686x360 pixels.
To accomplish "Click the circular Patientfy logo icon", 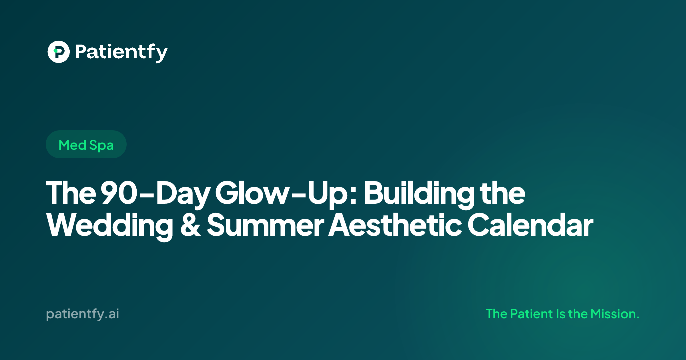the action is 59,52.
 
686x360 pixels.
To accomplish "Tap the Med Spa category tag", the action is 86,144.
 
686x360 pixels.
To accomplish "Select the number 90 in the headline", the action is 119,193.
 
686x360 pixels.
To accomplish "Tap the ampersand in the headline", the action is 190,225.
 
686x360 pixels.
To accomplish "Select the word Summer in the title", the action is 266,225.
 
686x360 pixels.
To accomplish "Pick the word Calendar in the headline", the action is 531,225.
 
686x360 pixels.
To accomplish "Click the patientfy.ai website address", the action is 83,314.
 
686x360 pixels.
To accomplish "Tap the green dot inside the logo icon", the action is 55,51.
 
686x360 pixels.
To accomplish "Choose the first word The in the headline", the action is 71,193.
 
